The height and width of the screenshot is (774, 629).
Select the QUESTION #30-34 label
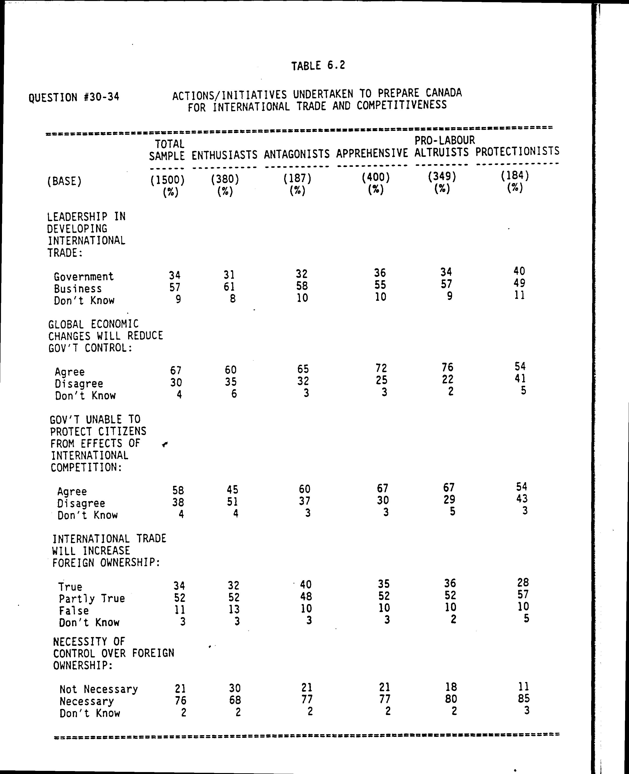74,97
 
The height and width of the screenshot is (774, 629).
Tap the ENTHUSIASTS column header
224,155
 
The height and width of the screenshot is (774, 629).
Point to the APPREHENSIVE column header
372,153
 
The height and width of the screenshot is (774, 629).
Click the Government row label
84,277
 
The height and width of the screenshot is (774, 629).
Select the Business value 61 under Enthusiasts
229,287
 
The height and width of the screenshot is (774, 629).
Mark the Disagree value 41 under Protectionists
520,379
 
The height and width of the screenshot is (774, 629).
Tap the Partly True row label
92,598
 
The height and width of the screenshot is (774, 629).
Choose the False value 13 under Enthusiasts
234,609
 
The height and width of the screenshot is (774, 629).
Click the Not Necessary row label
99,689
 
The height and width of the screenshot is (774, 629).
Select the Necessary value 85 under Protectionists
524,698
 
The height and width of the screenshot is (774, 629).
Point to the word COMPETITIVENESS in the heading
401,105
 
